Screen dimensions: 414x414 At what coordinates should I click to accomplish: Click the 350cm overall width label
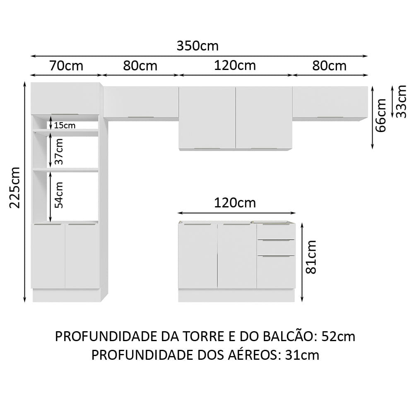click(x=197, y=46)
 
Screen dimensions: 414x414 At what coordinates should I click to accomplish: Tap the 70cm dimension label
click(x=66, y=65)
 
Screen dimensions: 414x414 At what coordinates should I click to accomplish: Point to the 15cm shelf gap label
click(x=64, y=125)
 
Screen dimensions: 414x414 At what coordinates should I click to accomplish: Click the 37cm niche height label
click(x=59, y=152)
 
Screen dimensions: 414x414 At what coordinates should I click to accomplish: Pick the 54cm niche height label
click(x=59, y=195)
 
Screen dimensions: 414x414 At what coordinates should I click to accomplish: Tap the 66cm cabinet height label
click(x=381, y=115)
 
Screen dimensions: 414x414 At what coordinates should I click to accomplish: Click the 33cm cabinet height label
click(x=401, y=101)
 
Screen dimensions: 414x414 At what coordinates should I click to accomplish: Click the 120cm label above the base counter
click(x=235, y=203)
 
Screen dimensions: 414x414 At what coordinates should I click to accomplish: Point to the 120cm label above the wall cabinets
click(x=235, y=65)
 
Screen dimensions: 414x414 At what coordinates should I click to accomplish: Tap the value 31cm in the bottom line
click(x=302, y=355)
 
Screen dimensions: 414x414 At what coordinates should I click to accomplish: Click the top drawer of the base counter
click(x=276, y=232)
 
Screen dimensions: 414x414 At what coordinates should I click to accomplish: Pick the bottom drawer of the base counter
click(x=276, y=272)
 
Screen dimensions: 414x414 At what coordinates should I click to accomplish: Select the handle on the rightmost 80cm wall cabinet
click(x=330, y=118)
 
